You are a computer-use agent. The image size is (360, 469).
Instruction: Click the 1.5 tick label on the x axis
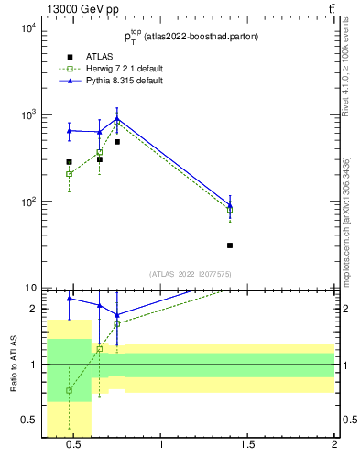coord(247,446)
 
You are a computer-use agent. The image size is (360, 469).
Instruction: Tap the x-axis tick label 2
coord(334,446)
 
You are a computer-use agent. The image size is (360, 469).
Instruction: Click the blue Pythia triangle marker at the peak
coord(117,118)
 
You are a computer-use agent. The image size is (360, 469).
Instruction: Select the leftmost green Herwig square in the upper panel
coord(69,174)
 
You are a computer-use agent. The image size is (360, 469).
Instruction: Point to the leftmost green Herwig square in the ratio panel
coord(69,390)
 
